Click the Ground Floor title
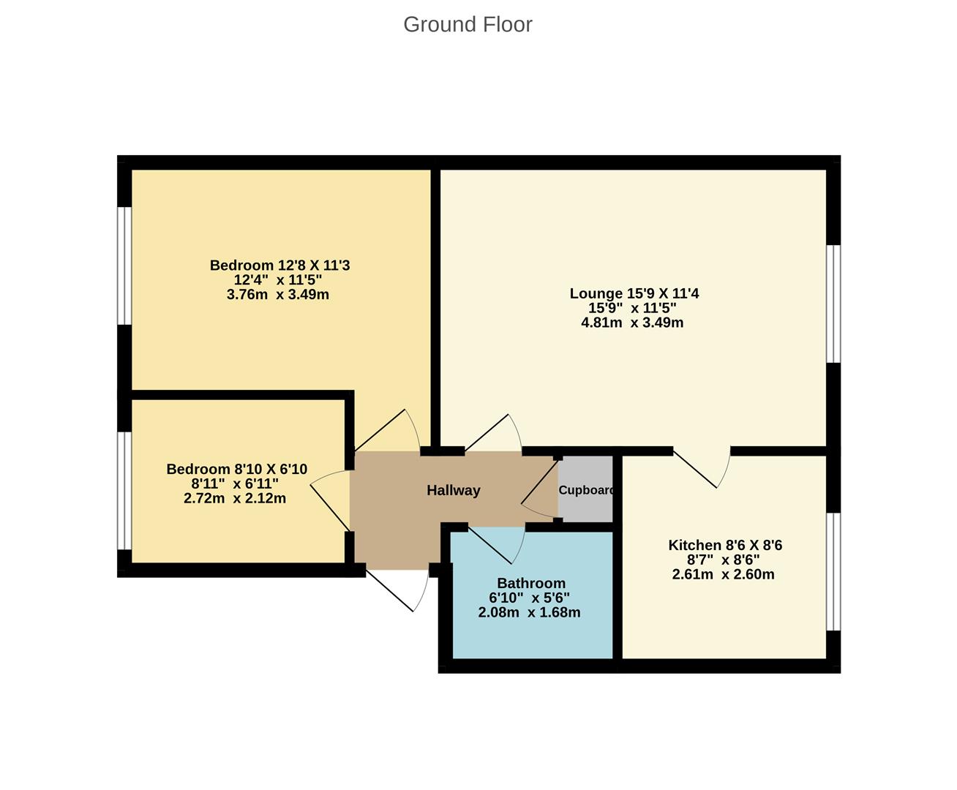(468, 24)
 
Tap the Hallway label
(453, 490)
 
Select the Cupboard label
(586, 490)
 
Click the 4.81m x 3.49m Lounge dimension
(632, 323)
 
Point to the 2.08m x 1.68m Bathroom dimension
(529, 612)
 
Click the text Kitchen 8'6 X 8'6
(724, 545)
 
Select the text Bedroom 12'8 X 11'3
(279, 265)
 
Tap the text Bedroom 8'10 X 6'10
(236, 469)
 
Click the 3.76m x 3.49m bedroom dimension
(278, 295)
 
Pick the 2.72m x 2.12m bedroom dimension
(235, 498)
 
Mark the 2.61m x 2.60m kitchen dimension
(723, 574)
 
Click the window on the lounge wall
(833, 304)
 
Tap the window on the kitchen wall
(833, 571)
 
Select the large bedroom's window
(125, 266)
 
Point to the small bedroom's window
(125, 490)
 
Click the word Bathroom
(530, 583)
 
